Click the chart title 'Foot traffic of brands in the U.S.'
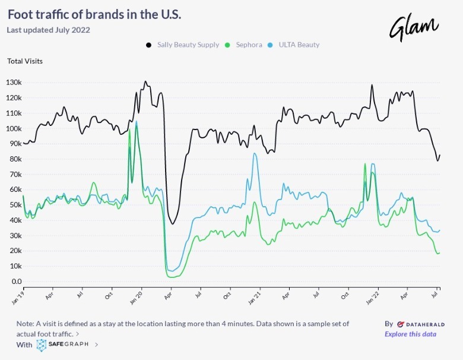94,14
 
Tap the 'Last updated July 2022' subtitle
48,30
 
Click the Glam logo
414,27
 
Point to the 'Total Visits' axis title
25,61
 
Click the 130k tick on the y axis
14,83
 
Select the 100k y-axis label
14,129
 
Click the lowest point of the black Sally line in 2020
173,224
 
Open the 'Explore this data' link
410,334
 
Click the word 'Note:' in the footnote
26,324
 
